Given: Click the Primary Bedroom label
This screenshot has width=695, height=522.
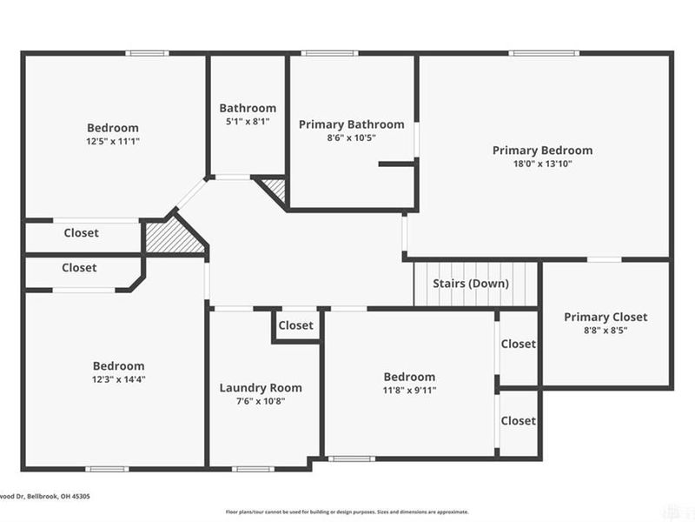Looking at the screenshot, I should [x=542, y=151].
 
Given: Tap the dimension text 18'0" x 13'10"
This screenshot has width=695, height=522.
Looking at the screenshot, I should [x=542, y=164].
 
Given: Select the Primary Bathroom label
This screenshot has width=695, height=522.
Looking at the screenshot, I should [x=351, y=124].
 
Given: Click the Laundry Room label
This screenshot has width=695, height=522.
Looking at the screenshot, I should [x=261, y=388].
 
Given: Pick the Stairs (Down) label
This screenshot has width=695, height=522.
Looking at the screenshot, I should [x=472, y=284].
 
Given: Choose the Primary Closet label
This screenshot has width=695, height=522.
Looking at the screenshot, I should [x=606, y=317].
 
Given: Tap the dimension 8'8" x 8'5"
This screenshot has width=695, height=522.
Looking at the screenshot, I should [x=606, y=331].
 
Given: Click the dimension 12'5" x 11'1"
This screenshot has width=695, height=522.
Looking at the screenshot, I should [x=113, y=141].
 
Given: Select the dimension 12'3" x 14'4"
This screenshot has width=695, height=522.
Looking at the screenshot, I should [x=119, y=379].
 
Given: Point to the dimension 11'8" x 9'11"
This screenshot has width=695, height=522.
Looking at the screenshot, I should [x=409, y=391].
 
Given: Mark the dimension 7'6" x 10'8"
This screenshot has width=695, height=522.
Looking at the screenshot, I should [x=261, y=402].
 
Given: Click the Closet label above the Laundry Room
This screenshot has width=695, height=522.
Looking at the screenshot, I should [x=295, y=325].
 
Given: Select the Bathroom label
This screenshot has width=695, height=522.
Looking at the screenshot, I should [x=248, y=108].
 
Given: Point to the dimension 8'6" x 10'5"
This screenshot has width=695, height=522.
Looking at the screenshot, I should [x=351, y=137].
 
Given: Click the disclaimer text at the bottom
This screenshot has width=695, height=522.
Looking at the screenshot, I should [x=347, y=512].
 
